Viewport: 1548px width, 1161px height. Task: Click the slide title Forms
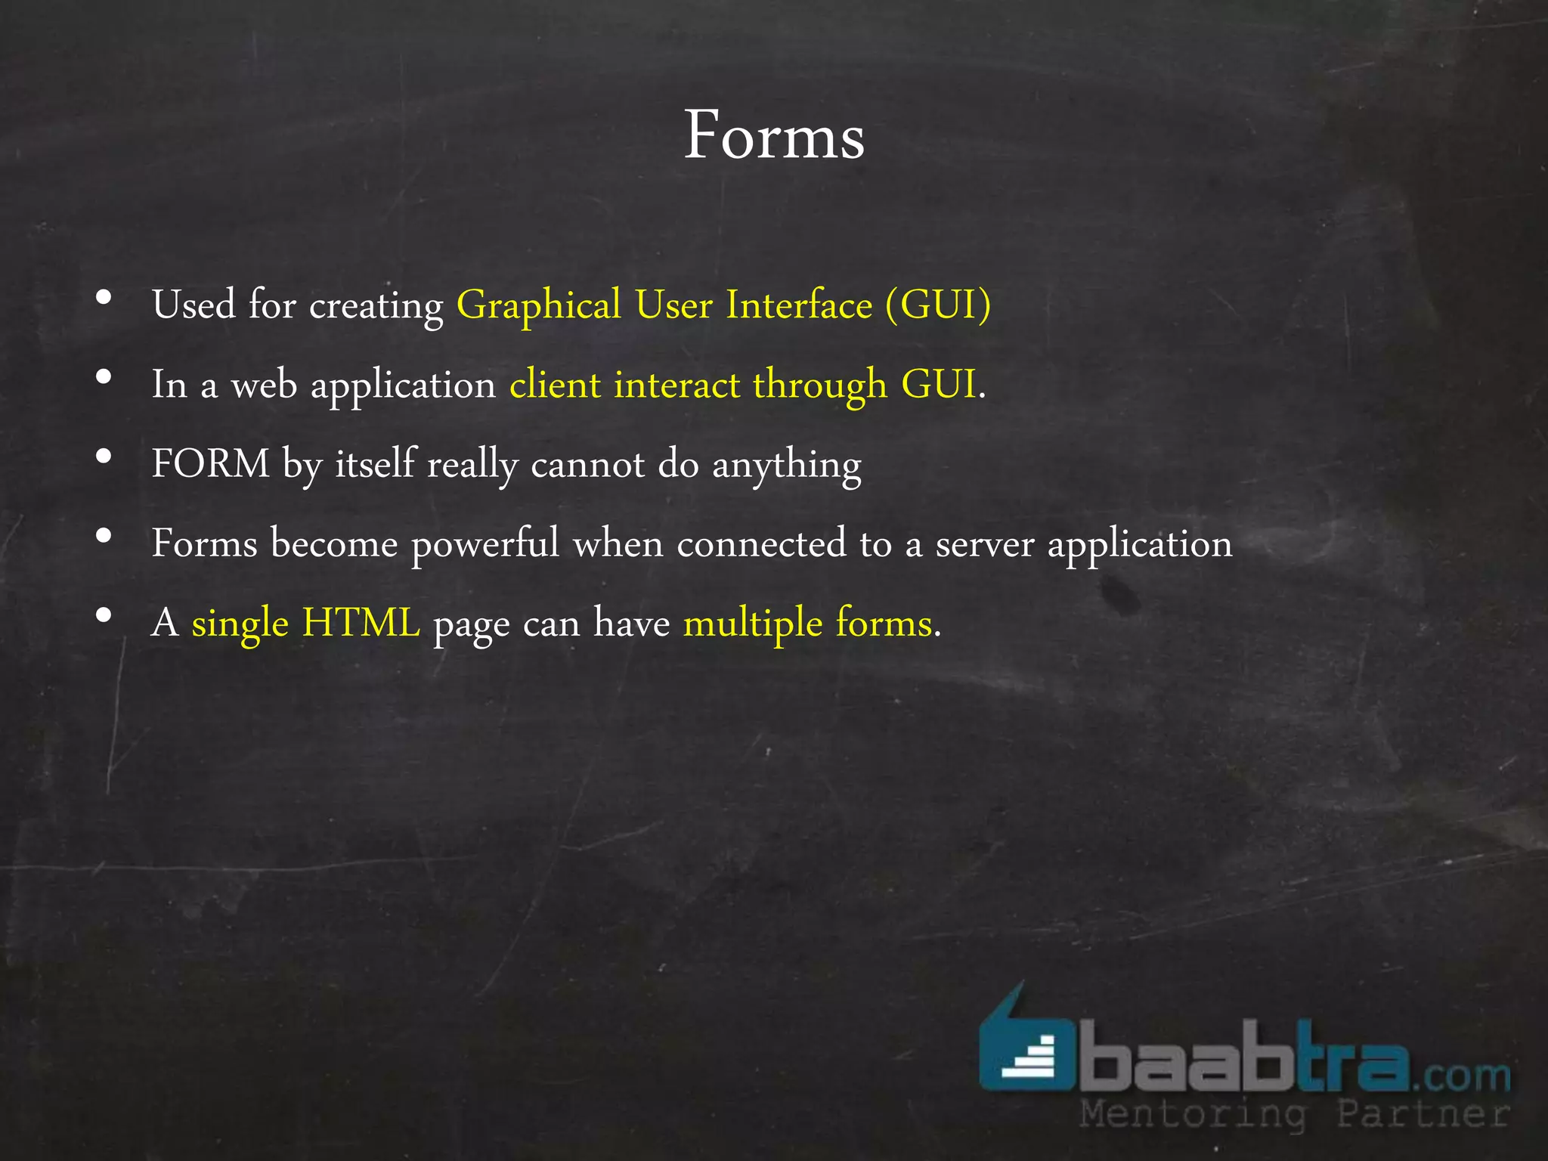click(774, 136)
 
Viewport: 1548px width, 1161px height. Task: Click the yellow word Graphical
click(538, 306)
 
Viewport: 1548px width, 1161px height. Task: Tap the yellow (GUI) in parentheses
click(938, 305)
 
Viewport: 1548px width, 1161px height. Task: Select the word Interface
click(799, 305)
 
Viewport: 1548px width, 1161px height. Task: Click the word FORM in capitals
click(210, 463)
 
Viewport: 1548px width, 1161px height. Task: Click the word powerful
click(485, 544)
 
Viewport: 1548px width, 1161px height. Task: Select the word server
click(984, 544)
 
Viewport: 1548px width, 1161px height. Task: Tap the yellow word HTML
click(361, 624)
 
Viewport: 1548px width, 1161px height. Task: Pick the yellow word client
click(555, 385)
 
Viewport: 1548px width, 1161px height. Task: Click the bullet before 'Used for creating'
click(104, 297)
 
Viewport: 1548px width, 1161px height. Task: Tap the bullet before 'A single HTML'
click(104, 615)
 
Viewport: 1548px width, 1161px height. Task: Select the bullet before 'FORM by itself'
click(104, 456)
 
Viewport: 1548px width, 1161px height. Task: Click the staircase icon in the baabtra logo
click(1027, 1057)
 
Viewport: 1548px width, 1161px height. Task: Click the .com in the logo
click(1460, 1074)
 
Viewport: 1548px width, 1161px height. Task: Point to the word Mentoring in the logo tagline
click(1193, 1114)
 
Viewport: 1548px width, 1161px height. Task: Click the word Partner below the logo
click(1423, 1114)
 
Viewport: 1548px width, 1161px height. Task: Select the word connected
click(761, 544)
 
